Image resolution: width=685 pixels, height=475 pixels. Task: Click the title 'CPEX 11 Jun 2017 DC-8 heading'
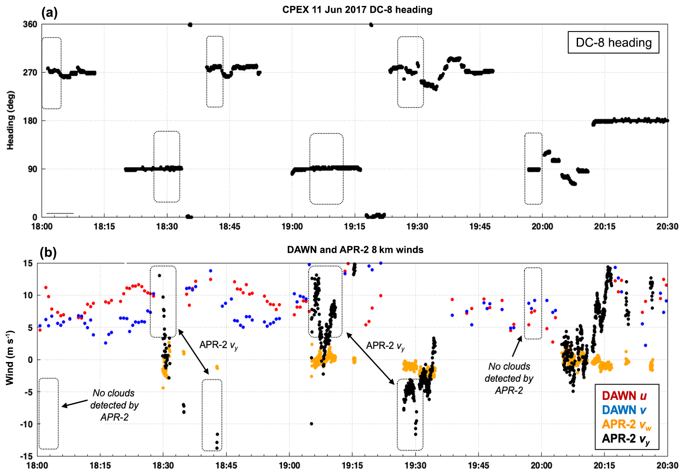(357, 10)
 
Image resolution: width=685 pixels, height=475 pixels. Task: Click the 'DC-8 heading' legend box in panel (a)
(613, 43)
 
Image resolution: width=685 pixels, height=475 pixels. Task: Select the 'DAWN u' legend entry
(624, 396)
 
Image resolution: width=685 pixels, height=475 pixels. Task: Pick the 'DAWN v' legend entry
(624, 410)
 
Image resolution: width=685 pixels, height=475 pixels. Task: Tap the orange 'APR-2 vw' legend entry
(626, 424)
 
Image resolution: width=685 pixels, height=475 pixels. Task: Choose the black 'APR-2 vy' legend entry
(626, 439)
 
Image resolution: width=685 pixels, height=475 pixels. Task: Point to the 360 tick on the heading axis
(30, 24)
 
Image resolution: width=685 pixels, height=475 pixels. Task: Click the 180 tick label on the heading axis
(30, 121)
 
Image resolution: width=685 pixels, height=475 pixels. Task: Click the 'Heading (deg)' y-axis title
(10, 120)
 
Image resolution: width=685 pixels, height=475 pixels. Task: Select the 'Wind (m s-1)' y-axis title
(10, 357)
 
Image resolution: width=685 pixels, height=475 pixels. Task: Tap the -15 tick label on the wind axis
(26, 456)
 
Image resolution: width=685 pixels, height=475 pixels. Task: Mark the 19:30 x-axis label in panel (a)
(417, 226)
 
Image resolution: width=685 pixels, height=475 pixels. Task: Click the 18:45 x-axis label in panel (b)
(226, 466)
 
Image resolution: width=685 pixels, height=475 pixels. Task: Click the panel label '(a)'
(49, 12)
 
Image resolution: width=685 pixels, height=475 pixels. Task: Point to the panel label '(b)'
(48, 252)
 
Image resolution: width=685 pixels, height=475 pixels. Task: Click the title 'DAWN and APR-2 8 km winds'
(355, 250)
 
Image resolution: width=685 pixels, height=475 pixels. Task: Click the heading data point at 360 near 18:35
(190, 25)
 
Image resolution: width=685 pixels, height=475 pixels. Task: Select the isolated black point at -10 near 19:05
(312, 424)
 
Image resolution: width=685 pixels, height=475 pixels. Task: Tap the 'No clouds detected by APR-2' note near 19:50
(509, 378)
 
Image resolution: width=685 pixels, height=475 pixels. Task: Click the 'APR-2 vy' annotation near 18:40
(219, 345)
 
